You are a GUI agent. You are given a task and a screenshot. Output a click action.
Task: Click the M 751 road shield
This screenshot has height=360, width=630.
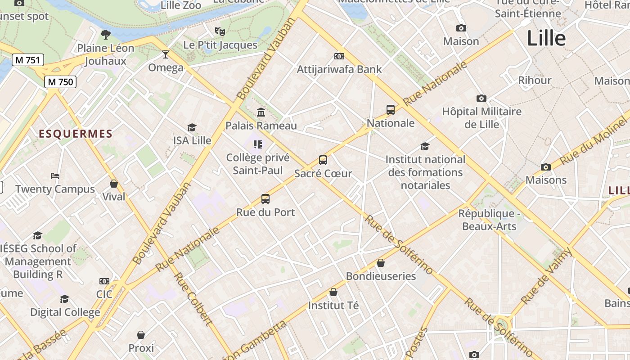click(x=27, y=60)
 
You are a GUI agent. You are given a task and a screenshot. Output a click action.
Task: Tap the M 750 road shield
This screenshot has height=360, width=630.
click(x=60, y=82)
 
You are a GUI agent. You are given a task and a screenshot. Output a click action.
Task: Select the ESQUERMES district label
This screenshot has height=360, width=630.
click(x=76, y=134)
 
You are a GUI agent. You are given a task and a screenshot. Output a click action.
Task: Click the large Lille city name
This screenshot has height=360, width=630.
click(x=546, y=38)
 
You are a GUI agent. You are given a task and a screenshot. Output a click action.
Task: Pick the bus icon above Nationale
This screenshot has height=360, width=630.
click(x=390, y=109)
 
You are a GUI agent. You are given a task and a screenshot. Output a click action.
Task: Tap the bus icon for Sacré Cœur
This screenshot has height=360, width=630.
click(x=323, y=160)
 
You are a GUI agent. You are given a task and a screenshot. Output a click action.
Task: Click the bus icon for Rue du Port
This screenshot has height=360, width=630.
click(x=265, y=198)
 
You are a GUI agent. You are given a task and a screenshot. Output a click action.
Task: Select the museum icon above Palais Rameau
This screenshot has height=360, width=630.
click(x=261, y=112)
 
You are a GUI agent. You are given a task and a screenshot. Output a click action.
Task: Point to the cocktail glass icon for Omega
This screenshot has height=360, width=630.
click(x=166, y=54)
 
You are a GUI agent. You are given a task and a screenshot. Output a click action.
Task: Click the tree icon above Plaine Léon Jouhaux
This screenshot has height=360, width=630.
click(x=106, y=34)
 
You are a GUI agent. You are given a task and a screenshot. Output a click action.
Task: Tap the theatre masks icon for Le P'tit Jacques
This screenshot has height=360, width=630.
click(x=220, y=31)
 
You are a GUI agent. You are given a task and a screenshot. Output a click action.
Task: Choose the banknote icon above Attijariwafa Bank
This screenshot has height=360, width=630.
click(x=339, y=56)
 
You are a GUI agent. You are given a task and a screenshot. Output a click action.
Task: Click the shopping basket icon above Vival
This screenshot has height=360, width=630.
click(x=114, y=184)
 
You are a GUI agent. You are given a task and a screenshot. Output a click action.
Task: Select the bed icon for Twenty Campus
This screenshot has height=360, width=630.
click(x=55, y=175)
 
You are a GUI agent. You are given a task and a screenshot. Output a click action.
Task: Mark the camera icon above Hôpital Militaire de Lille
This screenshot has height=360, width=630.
click(x=481, y=98)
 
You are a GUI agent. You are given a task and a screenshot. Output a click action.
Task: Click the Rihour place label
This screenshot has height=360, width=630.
click(x=535, y=80)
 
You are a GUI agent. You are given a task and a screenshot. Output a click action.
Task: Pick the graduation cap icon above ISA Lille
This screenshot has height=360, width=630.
click(x=192, y=127)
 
